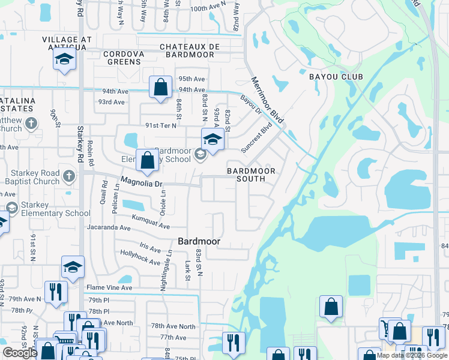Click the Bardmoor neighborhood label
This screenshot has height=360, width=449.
pyautogui.click(x=199, y=241)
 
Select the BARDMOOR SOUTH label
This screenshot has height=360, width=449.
pyautogui.click(x=251, y=171)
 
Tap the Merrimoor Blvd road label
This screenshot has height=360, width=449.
pyautogui.click(x=267, y=100)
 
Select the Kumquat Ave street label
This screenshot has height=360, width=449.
pyautogui.click(x=150, y=222)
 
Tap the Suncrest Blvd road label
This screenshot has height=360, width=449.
pyautogui.click(x=256, y=138)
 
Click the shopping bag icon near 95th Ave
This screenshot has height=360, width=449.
pyautogui.click(x=161, y=88)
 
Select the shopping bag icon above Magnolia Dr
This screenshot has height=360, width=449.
pyautogui.click(x=147, y=160)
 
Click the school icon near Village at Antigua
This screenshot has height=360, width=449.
pyautogui.click(x=64, y=59)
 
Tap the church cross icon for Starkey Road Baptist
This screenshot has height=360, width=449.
pyautogui.click(x=69, y=176)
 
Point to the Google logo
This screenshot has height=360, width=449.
pyautogui.click(x=20, y=353)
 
